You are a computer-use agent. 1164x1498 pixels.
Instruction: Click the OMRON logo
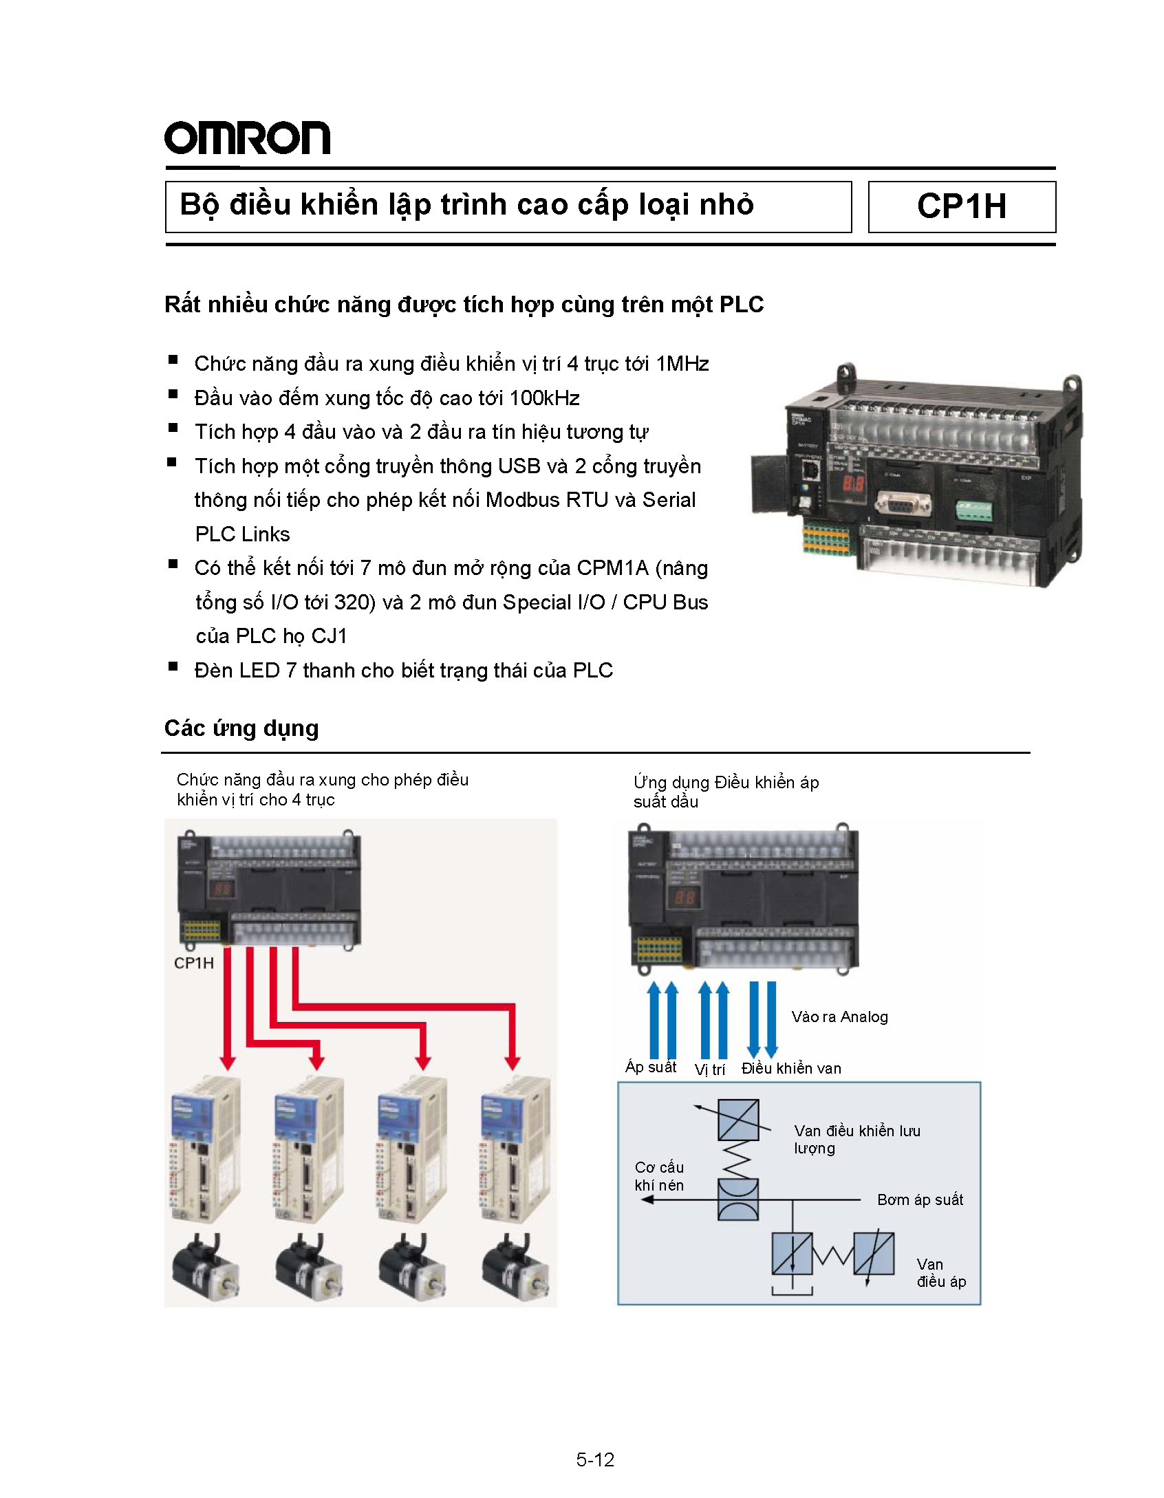point(246,138)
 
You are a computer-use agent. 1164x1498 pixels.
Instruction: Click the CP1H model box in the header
point(961,206)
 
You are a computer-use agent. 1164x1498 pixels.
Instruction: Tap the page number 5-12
point(594,1459)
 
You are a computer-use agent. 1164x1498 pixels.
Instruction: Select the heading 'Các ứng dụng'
point(241,728)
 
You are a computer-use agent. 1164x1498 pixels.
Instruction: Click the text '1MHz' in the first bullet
point(682,363)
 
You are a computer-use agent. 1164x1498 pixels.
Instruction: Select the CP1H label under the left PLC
point(193,963)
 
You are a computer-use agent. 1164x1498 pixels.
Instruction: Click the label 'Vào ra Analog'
point(839,1017)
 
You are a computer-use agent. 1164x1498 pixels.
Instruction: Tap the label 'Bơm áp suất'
point(920,1200)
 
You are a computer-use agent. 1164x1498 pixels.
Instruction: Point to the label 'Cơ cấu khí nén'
point(659,1176)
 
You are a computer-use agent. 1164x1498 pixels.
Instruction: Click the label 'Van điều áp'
point(940,1272)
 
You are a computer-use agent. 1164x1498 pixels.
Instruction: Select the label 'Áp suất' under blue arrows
point(650,1067)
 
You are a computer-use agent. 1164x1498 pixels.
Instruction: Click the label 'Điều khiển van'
point(791,1068)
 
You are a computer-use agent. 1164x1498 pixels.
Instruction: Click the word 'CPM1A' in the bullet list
point(612,568)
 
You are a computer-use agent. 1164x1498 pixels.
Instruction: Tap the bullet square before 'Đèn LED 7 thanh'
point(173,666)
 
